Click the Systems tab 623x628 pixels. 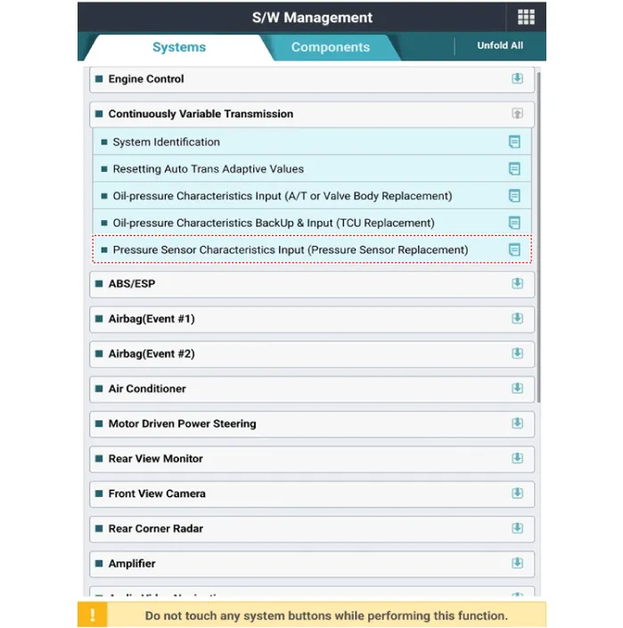[179, 47]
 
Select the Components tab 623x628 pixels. [330, 47]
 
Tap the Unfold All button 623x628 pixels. [500, 45]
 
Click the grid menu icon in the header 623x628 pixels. [526, 18]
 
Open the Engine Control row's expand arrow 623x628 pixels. [517, 78]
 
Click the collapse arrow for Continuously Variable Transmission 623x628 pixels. [517, 114]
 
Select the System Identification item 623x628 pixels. [166, 142]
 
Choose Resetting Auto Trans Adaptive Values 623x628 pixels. [208, 168]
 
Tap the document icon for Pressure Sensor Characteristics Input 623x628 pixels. [514, 250]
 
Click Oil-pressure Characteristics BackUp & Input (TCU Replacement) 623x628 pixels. [274, 223]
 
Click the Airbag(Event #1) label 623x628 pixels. [152, 319]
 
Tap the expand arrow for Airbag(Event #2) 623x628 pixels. [517, 354]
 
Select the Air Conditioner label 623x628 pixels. [147, 388]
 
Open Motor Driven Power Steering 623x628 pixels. [182, 424]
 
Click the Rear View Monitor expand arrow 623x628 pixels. [517, 459]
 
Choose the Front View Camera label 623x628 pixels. [157, 493]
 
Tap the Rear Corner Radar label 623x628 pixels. [156, 528]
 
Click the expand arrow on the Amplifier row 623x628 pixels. [517, 563]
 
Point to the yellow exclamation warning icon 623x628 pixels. [93, 615]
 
